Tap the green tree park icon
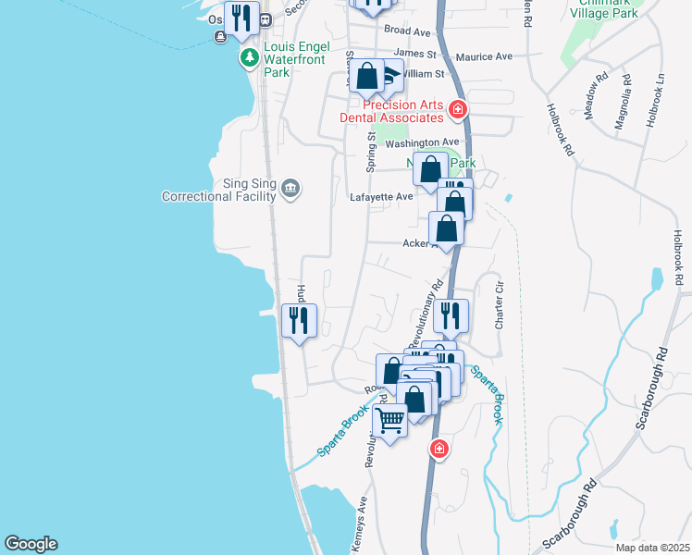(x=249, y=58)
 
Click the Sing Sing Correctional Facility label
(x=219, y=190)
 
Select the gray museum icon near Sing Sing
(x=290, y=190)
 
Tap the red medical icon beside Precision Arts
(x=456, y=111)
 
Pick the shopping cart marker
(x=390, y=421)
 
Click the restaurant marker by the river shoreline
(x=299, y=321)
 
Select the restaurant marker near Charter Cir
(x=451, y=316)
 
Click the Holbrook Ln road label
(x=657, y=100)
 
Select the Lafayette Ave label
(x=381, y=197)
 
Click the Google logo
(x=31, y=544)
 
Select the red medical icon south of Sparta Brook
(x=439, y=450)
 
